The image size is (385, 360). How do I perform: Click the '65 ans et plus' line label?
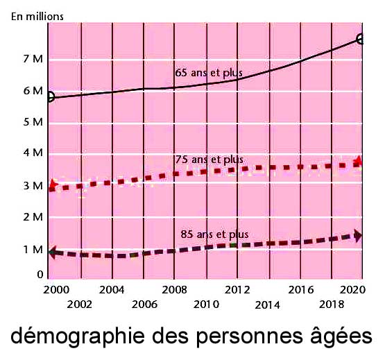click(209, 73)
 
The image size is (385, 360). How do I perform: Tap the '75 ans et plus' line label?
click(209, 160)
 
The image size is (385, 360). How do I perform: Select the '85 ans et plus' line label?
click(214, 234)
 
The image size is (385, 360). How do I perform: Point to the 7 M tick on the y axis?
click(33, 59)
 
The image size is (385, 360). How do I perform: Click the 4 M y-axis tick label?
click(33, 153)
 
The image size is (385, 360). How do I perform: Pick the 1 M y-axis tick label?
click(33, 250)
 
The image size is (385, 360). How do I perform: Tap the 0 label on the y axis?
click(40, 275)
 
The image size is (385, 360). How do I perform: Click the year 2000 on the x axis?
click(56, 290)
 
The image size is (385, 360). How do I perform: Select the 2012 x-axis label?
click(237, 290)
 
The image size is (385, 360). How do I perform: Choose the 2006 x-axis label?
click(144, 305)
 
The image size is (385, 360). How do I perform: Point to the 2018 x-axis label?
click(332, 305)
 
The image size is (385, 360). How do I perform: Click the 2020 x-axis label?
click(353, 290)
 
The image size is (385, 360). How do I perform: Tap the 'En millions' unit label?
click(37, 17)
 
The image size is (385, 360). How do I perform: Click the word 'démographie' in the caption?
click(78, 336)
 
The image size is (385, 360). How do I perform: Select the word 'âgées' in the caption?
click(341, 335)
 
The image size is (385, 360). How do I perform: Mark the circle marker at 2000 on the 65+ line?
click(51, 96)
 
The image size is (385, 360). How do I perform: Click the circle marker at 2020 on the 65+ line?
click(360, 39)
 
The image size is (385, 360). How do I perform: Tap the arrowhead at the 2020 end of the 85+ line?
click(358, 236)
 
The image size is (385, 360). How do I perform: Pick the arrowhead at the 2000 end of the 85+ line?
click(52, 252)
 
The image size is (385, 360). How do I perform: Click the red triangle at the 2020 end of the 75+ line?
click(359, 160)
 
